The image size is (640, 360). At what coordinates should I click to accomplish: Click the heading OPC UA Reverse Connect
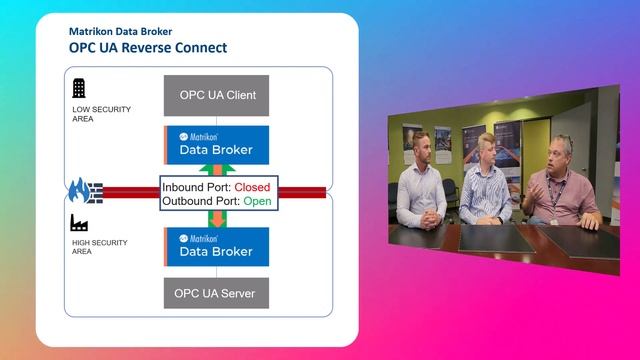coord(147,48)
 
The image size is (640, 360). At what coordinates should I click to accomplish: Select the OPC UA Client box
coord(218,96)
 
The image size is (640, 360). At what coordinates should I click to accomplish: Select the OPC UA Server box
coord(218,294)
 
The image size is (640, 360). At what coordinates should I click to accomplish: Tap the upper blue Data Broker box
coord(218,145)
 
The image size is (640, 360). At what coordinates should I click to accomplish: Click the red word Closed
coord(252,186)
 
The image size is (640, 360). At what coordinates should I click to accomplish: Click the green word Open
coord(257,201)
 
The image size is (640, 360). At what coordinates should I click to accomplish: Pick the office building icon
coord(79,87)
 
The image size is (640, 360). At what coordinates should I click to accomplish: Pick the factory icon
coord(79,223)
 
